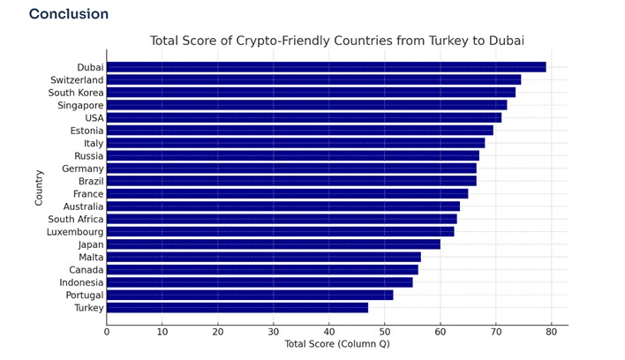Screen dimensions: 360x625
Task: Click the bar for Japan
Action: tap(273, 244)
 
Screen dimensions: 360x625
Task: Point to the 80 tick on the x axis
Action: tap(551, 332)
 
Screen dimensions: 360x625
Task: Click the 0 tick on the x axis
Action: tap(107, 332)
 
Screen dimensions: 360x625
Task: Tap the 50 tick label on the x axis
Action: tap(384, 332)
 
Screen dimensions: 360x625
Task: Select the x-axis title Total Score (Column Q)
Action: tap(336, 344)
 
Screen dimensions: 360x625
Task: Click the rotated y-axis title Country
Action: tap(39, 187)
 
